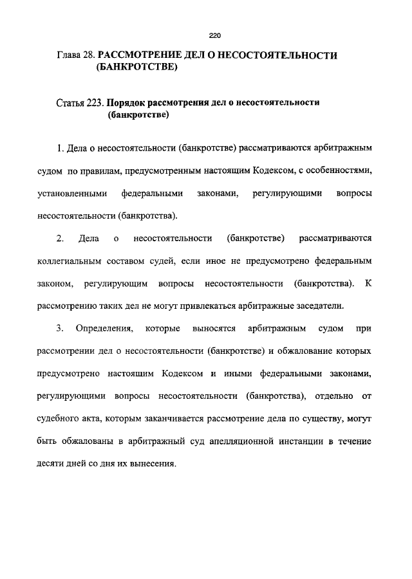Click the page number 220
[215, 36]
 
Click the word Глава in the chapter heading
[70, 55]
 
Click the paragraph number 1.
[59, 149]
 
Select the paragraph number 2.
[59, 239]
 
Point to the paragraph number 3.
[59, 329]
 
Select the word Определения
[104, 329]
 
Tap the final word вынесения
[153, 463]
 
